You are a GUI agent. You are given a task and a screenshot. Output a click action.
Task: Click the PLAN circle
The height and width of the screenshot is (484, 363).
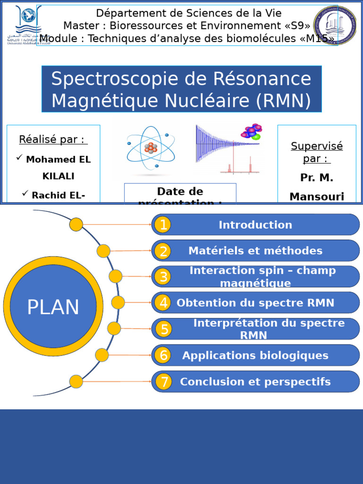coord(53,307)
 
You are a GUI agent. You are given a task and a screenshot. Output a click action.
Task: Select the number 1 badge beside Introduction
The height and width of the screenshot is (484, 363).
coord(163,225)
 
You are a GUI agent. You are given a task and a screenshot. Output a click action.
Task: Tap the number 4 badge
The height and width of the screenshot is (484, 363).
coord(163,302)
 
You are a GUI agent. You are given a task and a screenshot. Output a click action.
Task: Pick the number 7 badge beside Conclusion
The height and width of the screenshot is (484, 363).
coord(164,382)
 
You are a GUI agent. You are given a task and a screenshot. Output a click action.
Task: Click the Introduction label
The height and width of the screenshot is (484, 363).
coord(255,225)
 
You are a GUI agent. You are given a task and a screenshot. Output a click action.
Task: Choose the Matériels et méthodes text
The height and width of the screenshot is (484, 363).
coord(255,251)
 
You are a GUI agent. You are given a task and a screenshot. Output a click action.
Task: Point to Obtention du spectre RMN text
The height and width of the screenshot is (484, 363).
coord(255,303)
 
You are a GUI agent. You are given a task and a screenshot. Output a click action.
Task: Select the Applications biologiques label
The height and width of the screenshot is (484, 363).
coord(255,355)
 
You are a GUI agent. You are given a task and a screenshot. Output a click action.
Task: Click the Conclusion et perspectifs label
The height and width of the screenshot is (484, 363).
coord(255,382)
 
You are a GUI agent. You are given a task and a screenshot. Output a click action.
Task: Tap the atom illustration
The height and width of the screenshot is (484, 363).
coord(151,147)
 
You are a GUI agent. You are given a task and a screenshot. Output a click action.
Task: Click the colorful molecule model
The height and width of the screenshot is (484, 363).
coord(251,132)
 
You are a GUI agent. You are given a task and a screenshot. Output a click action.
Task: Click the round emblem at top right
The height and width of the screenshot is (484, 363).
coord(335,25)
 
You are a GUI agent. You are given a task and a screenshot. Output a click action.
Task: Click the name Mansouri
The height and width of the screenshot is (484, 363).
coord(317,197)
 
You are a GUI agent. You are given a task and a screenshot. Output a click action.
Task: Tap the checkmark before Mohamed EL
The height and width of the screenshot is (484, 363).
coord(19,158)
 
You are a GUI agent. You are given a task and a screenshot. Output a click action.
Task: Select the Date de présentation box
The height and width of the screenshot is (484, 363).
coord(180,194)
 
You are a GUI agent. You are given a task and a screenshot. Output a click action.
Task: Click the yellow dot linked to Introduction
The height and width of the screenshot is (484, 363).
coord(76,225)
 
